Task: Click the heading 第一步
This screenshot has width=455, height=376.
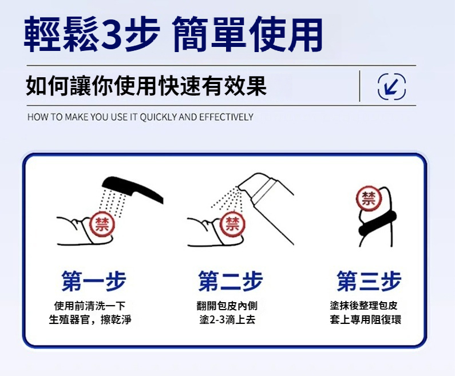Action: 94,281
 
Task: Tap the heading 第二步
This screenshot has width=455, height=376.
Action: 231,281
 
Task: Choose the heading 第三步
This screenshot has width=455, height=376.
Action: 369,281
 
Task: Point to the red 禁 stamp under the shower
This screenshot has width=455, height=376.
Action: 102,224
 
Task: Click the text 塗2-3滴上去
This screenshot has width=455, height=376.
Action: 227,320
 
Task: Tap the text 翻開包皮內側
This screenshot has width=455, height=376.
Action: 227,306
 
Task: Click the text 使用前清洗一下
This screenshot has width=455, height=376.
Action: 90,306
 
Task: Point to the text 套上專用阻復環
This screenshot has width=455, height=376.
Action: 365,320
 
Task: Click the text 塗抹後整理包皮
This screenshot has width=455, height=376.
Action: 363,306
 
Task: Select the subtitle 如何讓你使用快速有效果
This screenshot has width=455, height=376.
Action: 147,86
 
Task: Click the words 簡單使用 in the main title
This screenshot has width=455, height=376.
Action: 247,34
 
